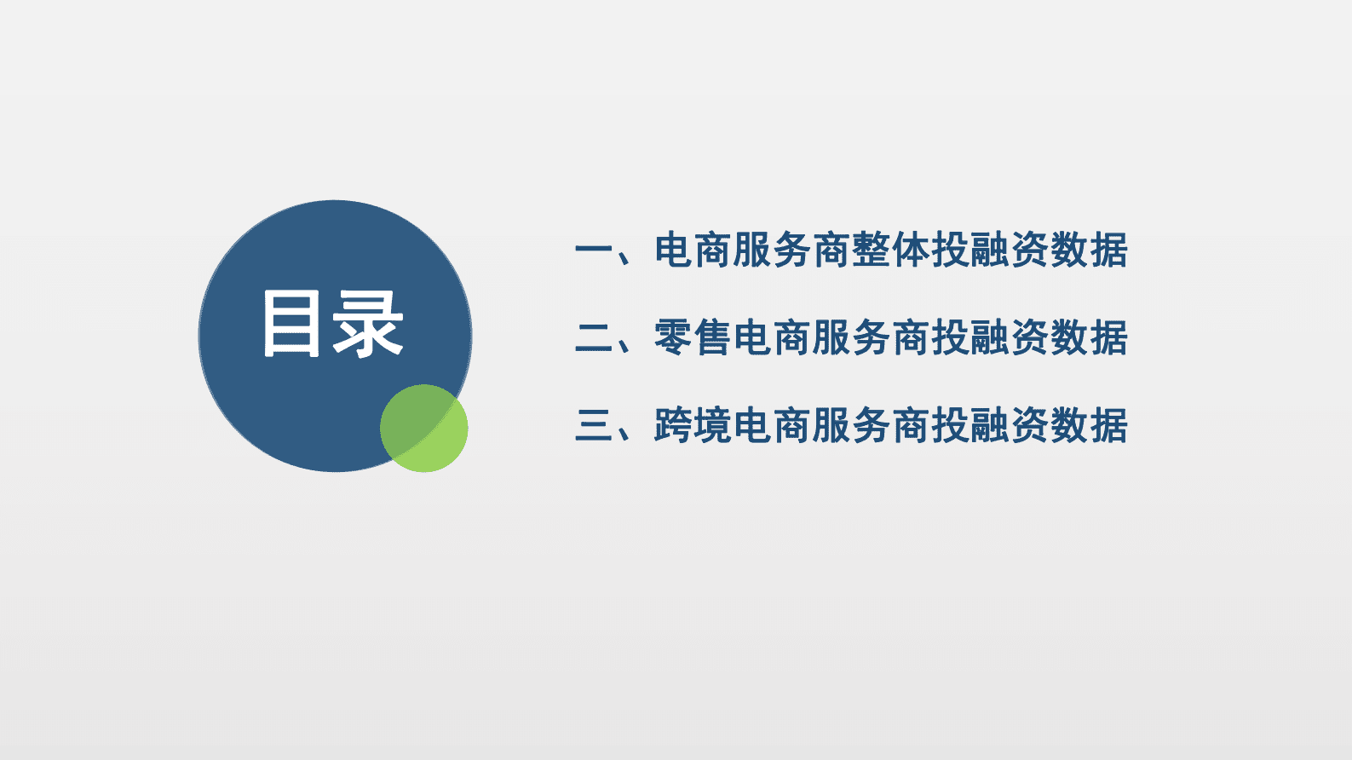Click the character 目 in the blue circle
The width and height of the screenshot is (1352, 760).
(292, 323)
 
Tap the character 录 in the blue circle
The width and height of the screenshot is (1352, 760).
(367, 323)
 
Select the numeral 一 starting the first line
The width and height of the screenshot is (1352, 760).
(594, 250)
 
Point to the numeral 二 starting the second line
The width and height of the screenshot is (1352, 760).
(594, 338)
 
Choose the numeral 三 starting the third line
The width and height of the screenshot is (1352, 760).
(594, 425)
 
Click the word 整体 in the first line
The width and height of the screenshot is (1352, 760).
(891, 250)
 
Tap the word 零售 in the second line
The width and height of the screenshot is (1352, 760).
(693, 338)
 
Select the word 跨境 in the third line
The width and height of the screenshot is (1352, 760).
(693, 425)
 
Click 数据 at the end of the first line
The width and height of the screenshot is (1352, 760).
(1089, 250)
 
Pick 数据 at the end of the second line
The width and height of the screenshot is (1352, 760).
(1089, 338)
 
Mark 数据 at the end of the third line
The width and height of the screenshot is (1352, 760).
(1089, 425)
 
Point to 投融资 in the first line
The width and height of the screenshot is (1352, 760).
(990, 250)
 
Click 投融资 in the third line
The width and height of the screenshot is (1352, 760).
(990, 425)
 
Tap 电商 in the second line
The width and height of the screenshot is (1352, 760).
(773, 338)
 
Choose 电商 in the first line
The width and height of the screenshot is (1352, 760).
(693, 250)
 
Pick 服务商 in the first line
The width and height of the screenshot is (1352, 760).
(792, 250)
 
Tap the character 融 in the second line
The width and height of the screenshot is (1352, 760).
(990, 338)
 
